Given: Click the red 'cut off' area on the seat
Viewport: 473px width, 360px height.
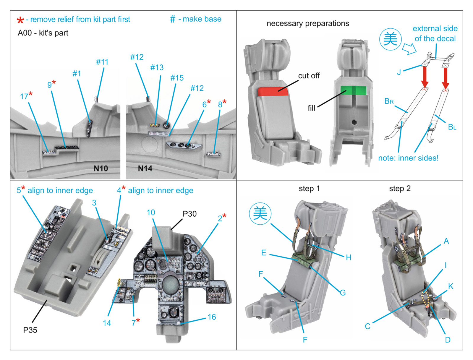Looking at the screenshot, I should (273, 92).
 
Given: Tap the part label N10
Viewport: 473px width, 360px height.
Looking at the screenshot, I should (101, 168).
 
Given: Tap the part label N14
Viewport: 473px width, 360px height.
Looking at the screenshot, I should (145, 168).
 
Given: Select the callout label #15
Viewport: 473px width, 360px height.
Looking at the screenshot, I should (177, 78).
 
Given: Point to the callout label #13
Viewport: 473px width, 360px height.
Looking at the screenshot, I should (157, 67).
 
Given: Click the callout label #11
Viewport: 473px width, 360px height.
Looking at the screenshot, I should (102, 62).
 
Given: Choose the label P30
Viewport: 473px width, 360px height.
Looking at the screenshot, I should (189, 214).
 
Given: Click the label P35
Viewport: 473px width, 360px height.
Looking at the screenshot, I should (30, 330).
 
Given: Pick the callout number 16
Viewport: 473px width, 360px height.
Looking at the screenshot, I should (212, 317).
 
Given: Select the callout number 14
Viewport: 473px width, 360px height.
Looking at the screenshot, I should (107, 323).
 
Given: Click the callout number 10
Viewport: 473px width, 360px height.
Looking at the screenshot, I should (151, 213).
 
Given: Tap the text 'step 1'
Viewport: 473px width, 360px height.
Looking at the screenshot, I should (309, 189).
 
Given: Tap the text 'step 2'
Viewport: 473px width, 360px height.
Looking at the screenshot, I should (400, 189).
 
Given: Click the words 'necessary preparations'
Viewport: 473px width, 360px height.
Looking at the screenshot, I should (308, 23).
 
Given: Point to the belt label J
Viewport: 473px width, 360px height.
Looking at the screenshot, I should (399, 72).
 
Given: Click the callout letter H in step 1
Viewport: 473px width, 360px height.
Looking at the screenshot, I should (349, 257).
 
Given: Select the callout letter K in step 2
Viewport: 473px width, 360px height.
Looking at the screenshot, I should (451, 286).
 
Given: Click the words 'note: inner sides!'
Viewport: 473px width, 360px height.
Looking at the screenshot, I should (408, 158).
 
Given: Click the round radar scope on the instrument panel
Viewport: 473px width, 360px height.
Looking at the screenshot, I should (171, 285).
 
